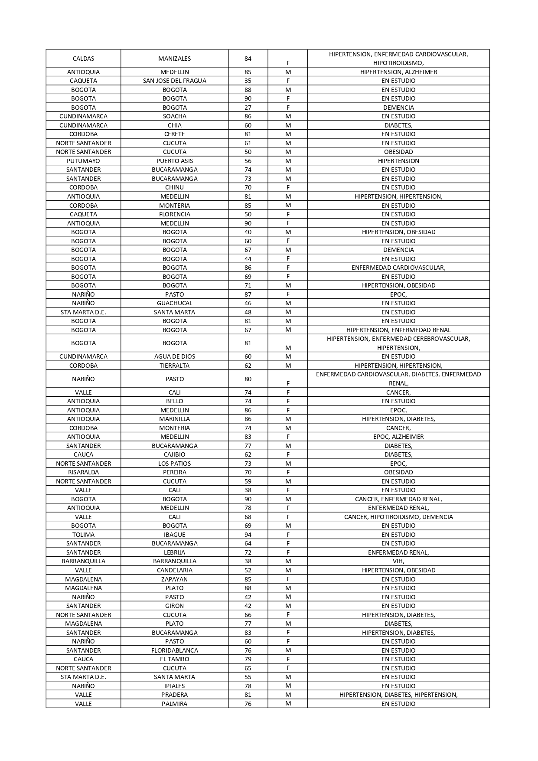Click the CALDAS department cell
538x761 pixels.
(x=83, y=59)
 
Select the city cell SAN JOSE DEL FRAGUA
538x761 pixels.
(x=174, y=81)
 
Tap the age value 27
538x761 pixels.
(x=248, y=108)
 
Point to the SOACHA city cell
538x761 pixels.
(x=174, y=116)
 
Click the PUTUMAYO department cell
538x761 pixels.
(x=83, y=161)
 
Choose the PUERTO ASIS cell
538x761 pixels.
(x=174, y=161)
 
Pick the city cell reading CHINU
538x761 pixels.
(x=174, y=187)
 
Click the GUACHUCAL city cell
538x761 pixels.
(x=174, y=303)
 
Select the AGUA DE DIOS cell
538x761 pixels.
(x=174, y=356)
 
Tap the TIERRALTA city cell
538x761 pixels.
(x=174, y=366)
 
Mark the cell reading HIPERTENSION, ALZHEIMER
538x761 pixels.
(x=398, y=72)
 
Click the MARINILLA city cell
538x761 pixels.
(x=174, y=419)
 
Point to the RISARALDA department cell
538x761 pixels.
(x=83, y=472)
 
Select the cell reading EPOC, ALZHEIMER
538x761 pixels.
(x=398, y=437)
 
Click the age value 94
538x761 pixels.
(x=248, y=535)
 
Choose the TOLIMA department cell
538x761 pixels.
(x=83, y=535)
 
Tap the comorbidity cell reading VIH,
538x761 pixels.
(x=398, y=561)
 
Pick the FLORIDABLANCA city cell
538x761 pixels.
(x=174, y=650)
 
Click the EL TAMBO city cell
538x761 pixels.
(x=174, y=659)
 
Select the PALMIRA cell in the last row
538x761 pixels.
(x=174, y=704)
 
